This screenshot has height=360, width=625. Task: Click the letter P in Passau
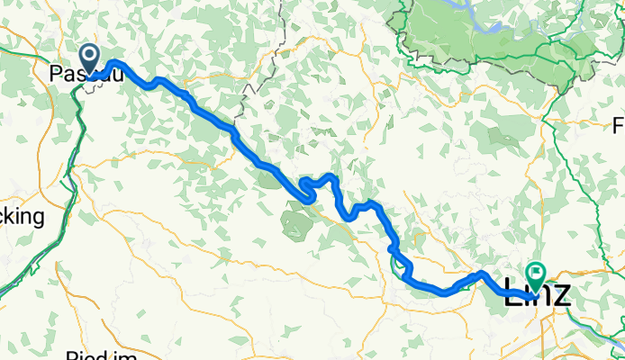[x=56, y=70]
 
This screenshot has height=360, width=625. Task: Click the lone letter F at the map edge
[x=619, y=124]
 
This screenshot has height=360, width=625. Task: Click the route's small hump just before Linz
[x=482, y=274]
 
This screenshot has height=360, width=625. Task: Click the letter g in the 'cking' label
[x=38, y=219]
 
